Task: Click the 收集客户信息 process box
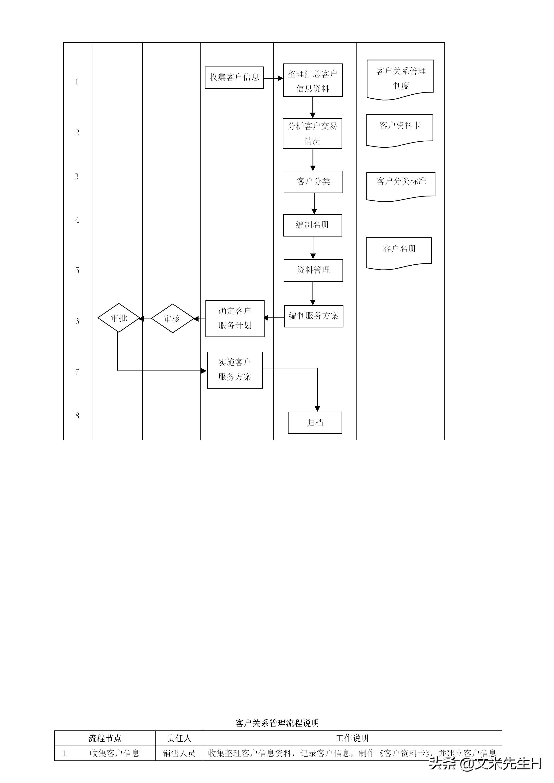tap(234, 77)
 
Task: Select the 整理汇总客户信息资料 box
tap(312, 80)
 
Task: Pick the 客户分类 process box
tap(313, 182)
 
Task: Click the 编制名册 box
tap(312, 225)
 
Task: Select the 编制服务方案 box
tap(313, 316)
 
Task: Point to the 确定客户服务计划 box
tap(235, 319)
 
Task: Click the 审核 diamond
tap(172, 319)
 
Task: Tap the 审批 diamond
tap(119, 318)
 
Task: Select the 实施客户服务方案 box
tap(235, 370)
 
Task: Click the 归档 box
tap(315, 423)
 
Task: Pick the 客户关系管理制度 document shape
tap(400, 78)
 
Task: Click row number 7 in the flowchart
tap(77, 372)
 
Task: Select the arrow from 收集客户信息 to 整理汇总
tap(273, 78)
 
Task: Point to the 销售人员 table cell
tap(179, 753)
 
